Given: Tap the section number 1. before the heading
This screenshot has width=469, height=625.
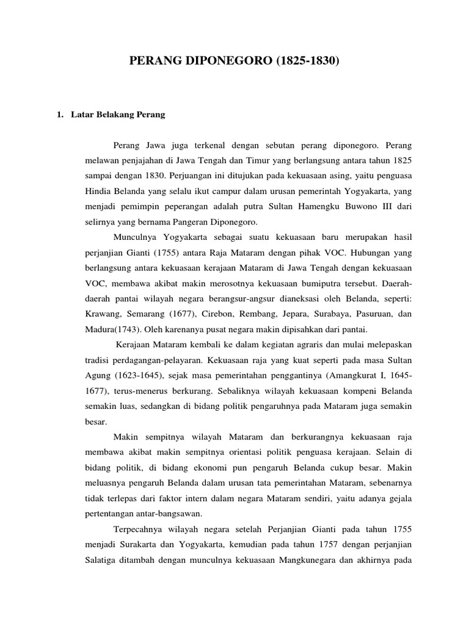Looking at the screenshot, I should point(60,114).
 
